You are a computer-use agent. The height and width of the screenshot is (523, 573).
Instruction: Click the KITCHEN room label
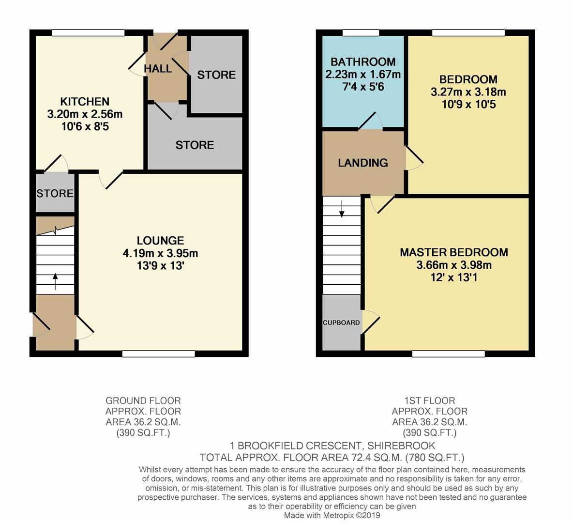tap(85, 102)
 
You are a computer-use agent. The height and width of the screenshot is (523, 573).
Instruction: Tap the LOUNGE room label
tap(160, 241)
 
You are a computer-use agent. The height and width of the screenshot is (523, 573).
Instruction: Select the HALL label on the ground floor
tap(158, 69)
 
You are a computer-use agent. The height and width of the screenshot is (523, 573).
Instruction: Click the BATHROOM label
tap(363, 62)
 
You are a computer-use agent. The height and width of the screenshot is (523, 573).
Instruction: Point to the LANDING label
tap(363, 163)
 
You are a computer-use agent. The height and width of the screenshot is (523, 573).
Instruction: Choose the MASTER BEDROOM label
tap(453, 252)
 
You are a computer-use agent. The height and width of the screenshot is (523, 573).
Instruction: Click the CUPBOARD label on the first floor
tap(341, 323)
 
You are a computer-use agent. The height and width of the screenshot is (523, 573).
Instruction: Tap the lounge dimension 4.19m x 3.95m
tap(160, 253)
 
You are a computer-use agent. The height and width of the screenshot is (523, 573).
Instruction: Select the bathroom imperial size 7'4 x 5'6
tap(363, 87)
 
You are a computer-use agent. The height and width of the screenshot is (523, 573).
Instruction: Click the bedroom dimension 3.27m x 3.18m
tap(468, 92)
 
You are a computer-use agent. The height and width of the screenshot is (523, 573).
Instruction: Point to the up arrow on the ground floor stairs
tap(55, 281)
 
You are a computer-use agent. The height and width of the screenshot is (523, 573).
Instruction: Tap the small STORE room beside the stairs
tap(55, 194)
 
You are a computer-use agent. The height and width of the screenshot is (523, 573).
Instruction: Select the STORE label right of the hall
tap(216, 75)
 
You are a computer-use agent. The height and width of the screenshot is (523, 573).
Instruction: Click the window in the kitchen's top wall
tap(88, 33)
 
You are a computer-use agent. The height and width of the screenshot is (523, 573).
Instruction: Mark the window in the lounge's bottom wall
tap(158, 354)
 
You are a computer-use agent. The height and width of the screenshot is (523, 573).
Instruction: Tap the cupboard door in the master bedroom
tap(371, 322)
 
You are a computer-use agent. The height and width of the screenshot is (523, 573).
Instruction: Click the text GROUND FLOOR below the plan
tap(143, 400)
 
